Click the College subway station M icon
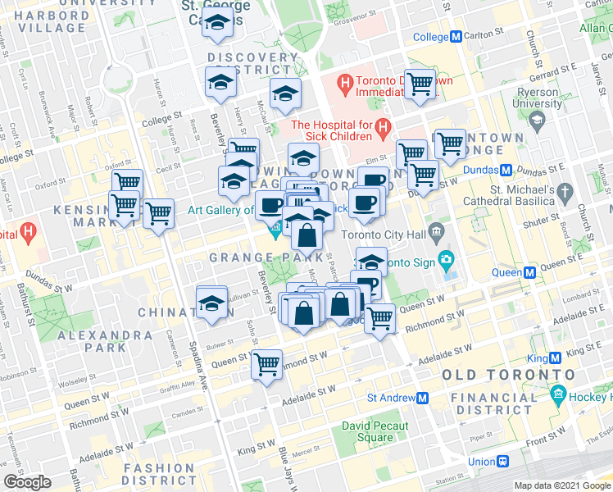pyautogui.click(x=456, y=37)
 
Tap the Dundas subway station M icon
pyautogui.click(x=506, y=171)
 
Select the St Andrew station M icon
pyautogui.click(x=423, y=398)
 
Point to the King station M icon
pyautogui.click(x=556, y=358)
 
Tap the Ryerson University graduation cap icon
pyautogui.click(x=537, y=121)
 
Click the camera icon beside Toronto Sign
pyautogui.click(x=447, y=262)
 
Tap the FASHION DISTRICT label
pyautogui.click(x=161, y=474)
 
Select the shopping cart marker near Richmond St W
pyautogui.click(x=266, y=362)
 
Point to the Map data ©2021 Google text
pyautogui.click(x=562, y=485)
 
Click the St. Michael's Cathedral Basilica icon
pyautogui.click(x=565, y=192)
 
